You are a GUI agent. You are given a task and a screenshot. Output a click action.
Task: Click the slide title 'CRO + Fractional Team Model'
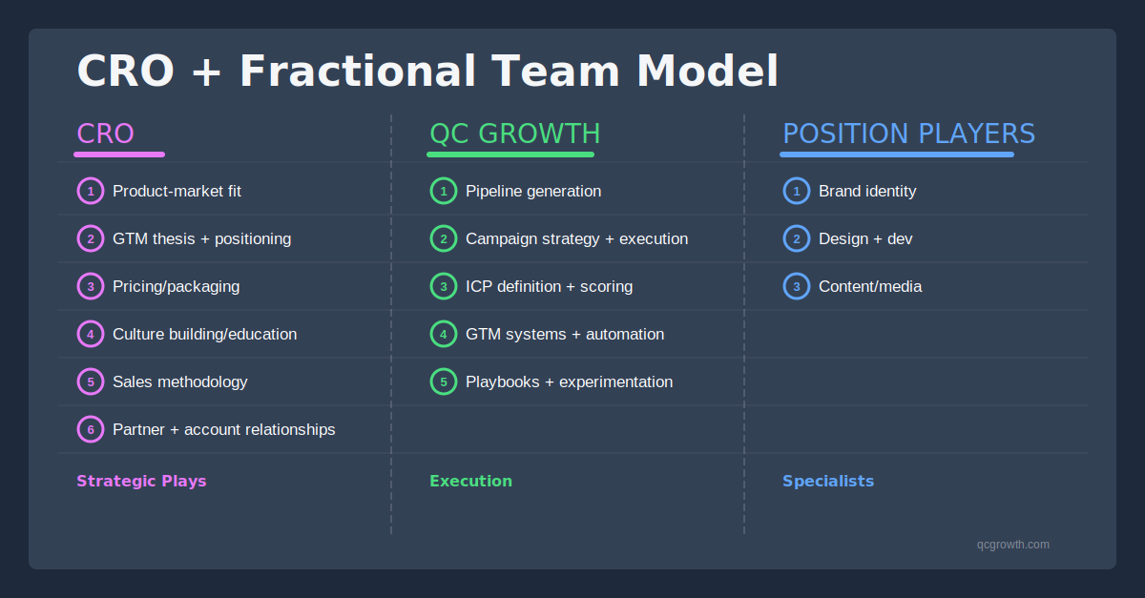pos(427,72)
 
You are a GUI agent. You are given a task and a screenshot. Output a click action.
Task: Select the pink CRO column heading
pos(106,134)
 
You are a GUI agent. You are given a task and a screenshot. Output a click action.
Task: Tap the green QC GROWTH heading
pos(515,134)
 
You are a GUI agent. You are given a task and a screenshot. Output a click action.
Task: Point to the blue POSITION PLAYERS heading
pos(908,134)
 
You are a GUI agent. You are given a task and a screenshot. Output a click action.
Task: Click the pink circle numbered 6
pos(91,429)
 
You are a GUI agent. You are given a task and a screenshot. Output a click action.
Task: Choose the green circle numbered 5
pos(444,381)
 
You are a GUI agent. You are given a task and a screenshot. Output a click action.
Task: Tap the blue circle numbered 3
pos(797,286)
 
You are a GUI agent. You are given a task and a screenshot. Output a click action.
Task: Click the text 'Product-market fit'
pos(177,191)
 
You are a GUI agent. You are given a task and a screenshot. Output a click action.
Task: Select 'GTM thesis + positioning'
pos(201,238)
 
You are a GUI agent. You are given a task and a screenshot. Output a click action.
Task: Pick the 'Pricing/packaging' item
pos(176,286)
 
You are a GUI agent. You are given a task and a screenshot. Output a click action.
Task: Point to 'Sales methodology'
pos(179,381)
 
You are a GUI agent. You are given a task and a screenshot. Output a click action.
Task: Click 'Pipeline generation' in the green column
pos(533,191)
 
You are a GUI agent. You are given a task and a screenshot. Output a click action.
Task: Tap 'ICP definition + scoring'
pos(549,286)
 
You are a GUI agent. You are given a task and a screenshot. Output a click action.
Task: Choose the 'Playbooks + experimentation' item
pos(569,381)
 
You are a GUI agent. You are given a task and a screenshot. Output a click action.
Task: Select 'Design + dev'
pos(865,238)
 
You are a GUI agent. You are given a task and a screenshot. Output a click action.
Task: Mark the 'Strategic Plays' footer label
pos(141,481)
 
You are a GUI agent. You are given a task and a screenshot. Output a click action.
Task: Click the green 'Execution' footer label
pos(470,481)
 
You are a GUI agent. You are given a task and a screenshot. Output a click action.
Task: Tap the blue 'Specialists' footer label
pos(828,481)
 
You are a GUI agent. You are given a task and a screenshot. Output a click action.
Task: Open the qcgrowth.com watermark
pos(1012,545)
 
